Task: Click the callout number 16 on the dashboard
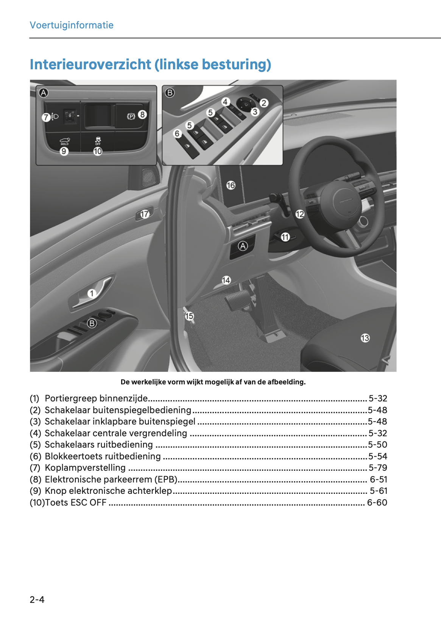pos(231,185)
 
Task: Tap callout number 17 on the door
pos(145,214)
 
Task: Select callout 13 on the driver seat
pos(365,338)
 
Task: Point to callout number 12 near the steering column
pos(300,214)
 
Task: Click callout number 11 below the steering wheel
pos(285,237)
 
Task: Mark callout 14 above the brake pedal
pos(226,280)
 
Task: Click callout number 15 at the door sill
pos(189,316)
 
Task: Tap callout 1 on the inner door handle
pos(91,293)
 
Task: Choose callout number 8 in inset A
pos(142,114)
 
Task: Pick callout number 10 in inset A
pos(98,151)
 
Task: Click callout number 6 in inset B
pos(177,134)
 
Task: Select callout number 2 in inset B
pos(264,103)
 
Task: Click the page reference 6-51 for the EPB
pos(379,479)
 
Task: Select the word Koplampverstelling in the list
pos(85,468)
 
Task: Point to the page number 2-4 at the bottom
pos(37,599)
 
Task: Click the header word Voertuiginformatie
pos(72,25)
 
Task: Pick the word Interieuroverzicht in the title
pos(91,64)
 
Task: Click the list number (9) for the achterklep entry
pos(35,491)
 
